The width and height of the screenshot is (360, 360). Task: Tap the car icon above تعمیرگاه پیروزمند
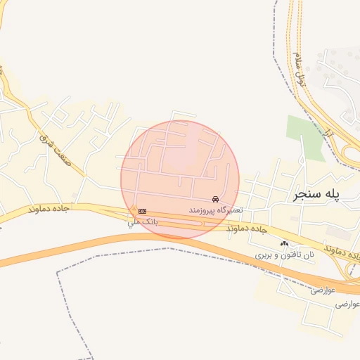[214, 200]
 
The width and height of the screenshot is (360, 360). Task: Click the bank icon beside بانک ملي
[143, 211]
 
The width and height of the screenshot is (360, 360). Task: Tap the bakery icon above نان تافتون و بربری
[284, 243]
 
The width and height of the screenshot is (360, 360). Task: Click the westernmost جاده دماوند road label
[51, 210]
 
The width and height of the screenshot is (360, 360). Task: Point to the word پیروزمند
[203, 210]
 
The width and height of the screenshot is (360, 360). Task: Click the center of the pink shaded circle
[180, 179]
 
